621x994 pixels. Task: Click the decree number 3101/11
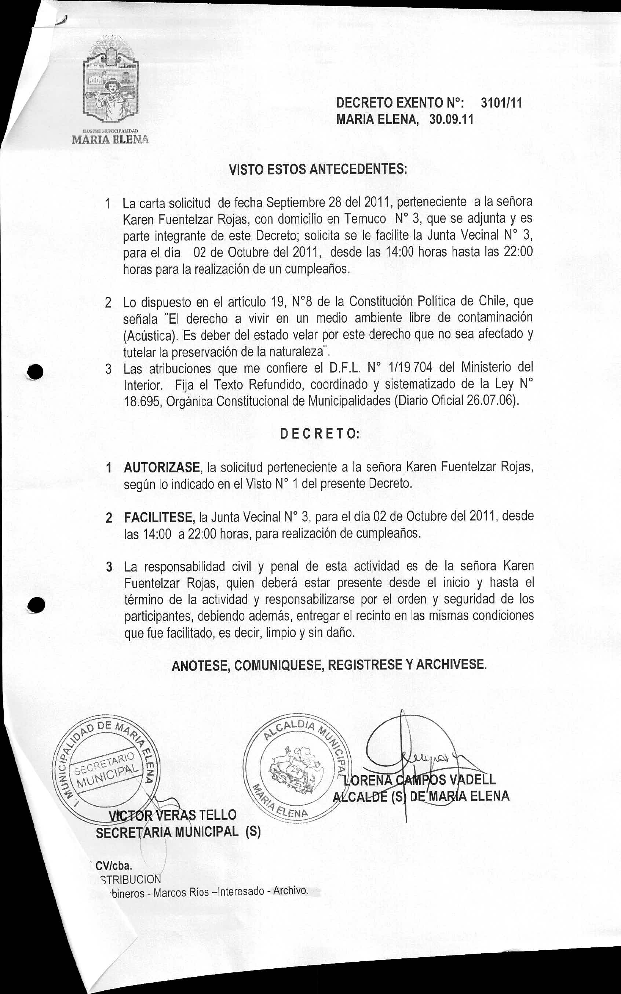pyautogui.click(x=501, y=103)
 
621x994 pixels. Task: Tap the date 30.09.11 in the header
pyautogui.click(x=451, y=120)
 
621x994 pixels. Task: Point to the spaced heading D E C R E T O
pyautogui.click(x=319, y=434)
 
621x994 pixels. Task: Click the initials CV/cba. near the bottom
pyautogui.click(x=114, y=866)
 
